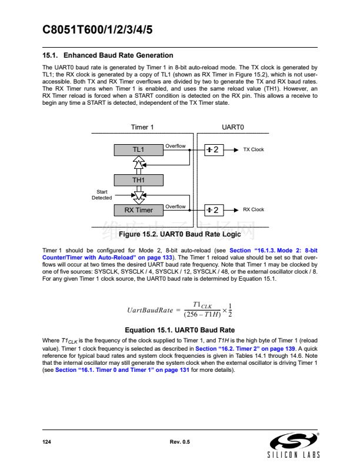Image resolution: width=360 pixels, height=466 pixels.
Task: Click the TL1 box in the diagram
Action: pos(138,149)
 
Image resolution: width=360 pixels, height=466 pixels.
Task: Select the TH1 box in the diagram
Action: pos(138,180)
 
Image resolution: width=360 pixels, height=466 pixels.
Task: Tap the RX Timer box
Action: pos(138,210)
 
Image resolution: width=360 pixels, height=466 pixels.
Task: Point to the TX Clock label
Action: pos(254,149)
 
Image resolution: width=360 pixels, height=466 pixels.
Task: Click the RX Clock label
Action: pos(254,210)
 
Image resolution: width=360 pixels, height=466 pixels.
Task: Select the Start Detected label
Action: pos(101,195)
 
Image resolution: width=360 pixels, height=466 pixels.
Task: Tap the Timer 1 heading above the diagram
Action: pos(142,128)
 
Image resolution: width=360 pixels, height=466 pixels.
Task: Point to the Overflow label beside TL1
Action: pos(175,146)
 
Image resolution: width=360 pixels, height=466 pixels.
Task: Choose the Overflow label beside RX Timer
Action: pos(175,207)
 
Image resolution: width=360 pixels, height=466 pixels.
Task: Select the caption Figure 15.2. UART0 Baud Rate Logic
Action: pos(180,235)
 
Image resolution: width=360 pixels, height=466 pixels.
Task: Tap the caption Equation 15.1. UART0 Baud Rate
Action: pos(180,330)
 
